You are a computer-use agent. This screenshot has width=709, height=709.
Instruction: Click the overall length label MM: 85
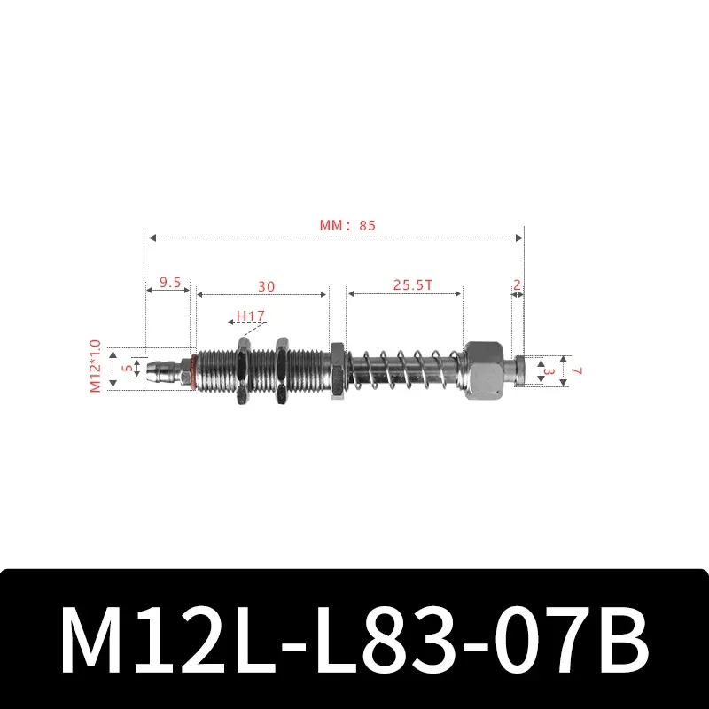(347, 225)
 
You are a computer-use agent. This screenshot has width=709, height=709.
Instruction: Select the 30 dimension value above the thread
(266, 286)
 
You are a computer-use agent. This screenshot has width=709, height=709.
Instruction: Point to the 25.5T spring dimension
(413, 285)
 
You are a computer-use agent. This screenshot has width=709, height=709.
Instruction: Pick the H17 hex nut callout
(251, 316)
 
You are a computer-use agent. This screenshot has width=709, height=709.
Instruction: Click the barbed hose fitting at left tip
(160, 368)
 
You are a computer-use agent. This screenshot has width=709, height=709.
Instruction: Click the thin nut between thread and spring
(337, 370)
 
